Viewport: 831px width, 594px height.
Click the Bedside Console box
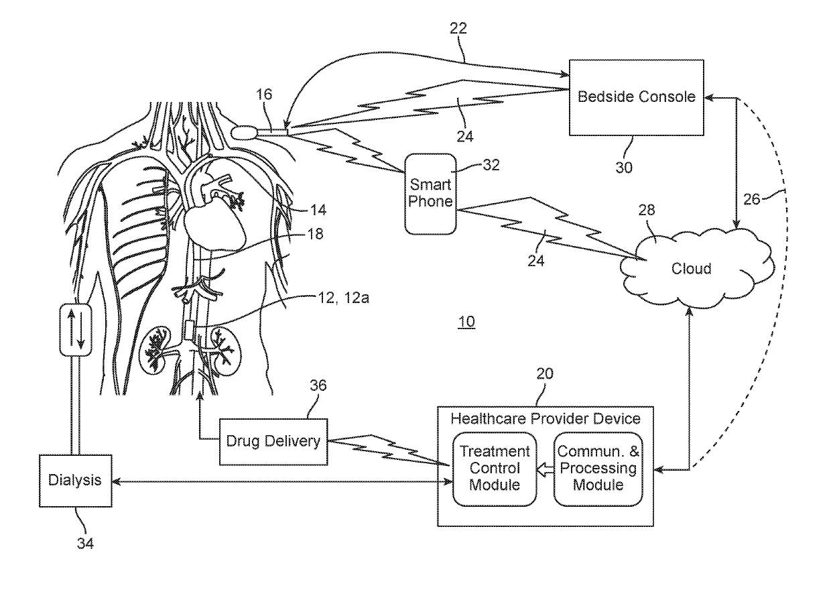coord(636,98)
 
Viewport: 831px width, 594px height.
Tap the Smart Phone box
coord(430,194)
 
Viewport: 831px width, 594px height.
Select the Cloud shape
coord(698,268)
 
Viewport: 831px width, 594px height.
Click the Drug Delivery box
coord(273,442)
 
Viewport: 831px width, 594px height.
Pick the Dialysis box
coord(75,481)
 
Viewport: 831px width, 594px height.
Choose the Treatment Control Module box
coord(495,469)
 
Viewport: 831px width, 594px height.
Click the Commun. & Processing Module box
coord(598,469)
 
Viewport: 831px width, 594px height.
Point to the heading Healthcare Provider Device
coord(546,418)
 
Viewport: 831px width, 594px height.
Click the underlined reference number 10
coord(466,321)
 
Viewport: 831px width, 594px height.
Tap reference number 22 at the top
coord(458,28)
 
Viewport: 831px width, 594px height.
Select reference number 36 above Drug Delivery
coord(318,385)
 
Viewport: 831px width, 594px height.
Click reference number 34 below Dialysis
coord(85,544)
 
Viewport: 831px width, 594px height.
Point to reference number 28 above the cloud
coord(647,211)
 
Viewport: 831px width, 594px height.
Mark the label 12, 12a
coord(344,298)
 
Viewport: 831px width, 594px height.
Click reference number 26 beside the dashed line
coord(752,200)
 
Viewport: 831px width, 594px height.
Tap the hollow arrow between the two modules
coord(545,469)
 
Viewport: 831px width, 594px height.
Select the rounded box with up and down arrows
coord(76,330)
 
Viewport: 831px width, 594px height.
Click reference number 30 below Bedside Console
coord(624,168)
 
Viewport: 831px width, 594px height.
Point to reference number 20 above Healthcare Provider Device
coord(545,373)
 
